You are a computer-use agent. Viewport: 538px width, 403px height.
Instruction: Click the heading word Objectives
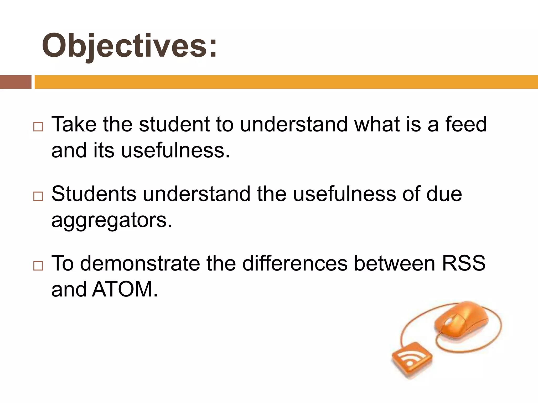(x=129, y=46)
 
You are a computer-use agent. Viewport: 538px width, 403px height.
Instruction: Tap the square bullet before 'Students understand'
(x=38, y=196)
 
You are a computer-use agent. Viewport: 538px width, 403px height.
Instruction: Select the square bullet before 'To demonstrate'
(x=38, y=266)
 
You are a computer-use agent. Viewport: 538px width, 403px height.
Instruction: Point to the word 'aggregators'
(x=112, y=220)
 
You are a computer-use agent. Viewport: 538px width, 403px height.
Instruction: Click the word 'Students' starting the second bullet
(x=94, y=194)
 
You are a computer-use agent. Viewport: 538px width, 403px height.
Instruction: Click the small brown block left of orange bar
(x=15, y=82)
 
